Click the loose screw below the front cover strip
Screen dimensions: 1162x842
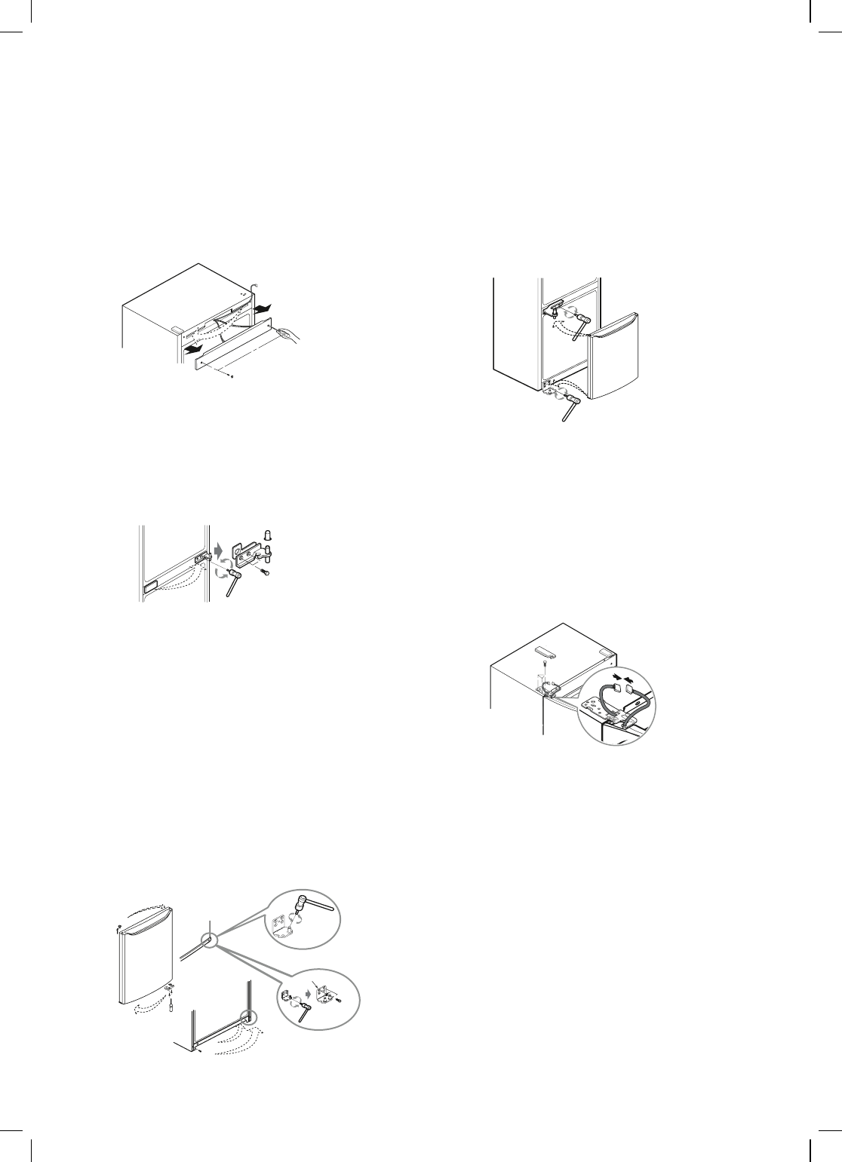click(x=232, y=376)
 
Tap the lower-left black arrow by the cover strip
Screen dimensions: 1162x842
click(x=195, y=350)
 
